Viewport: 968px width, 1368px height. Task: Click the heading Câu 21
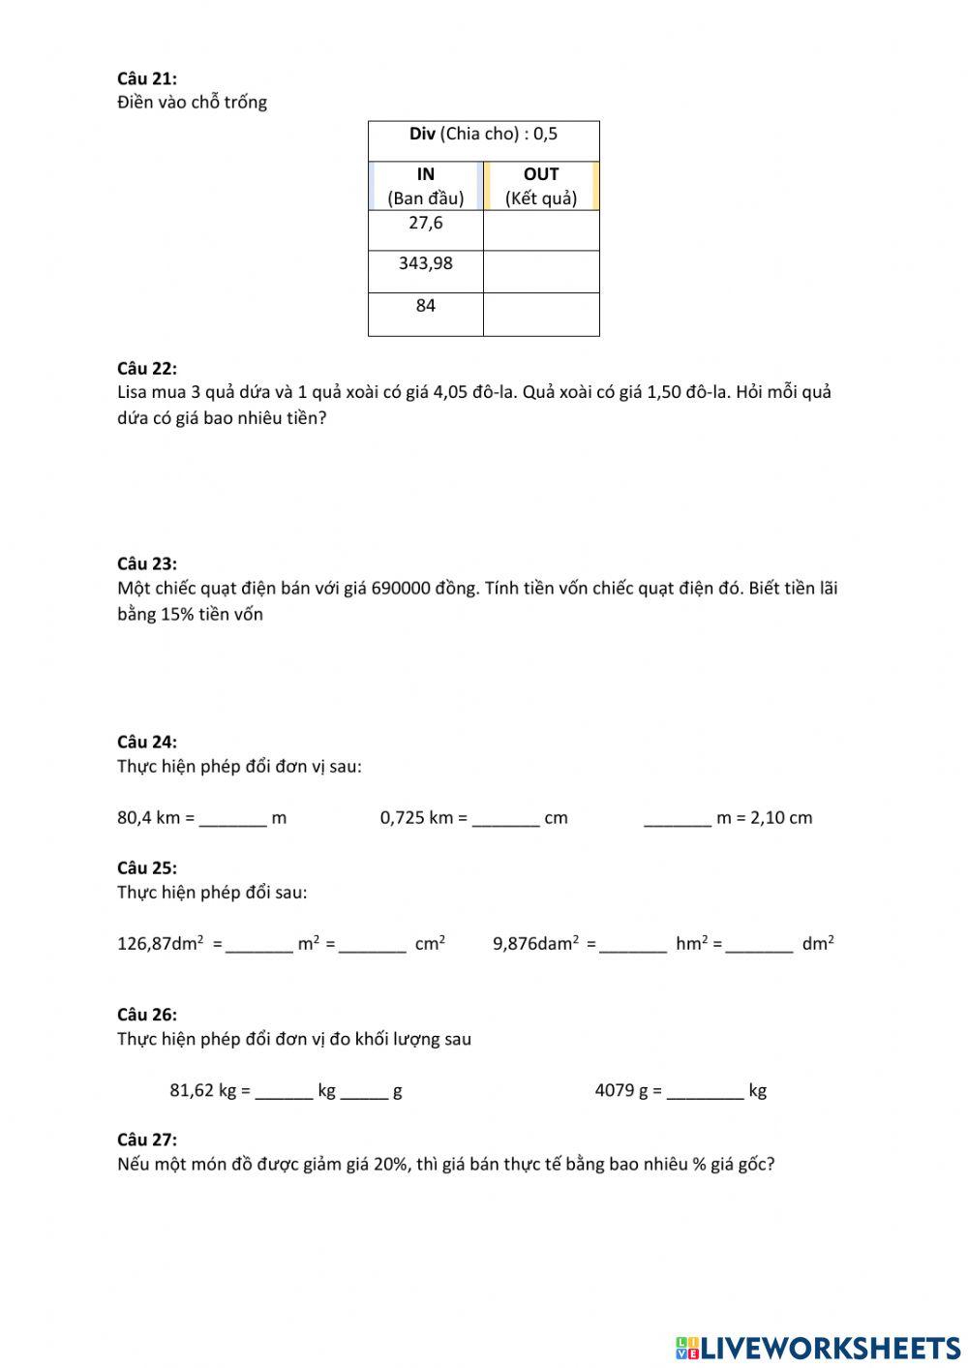(146, 78)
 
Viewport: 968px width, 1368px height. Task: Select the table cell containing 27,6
(425, 229)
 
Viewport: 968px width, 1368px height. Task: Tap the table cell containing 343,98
(425, 270)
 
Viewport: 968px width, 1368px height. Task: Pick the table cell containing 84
(425, 313)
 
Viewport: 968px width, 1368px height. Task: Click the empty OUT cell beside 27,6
(541, 230)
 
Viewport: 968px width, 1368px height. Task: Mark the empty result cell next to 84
(541, 314)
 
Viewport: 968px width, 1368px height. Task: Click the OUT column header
(541, 185)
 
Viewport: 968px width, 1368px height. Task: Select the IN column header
(425, 185)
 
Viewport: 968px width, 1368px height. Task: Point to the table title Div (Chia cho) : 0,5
(483, 135)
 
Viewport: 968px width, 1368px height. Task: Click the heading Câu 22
(146, 368)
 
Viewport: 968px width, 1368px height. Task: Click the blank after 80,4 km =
(232, 818)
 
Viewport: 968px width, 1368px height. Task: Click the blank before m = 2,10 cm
(677, 818)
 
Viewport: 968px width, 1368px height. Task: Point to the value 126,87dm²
(161, 943)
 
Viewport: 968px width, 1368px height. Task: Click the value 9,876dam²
(535, 943)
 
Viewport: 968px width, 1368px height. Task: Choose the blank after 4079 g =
(705, 1091)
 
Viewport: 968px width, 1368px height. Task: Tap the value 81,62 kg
(203, 1091)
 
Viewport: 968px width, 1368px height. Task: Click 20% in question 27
(389, 1165)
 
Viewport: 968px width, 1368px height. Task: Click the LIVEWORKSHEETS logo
(818, 1347)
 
